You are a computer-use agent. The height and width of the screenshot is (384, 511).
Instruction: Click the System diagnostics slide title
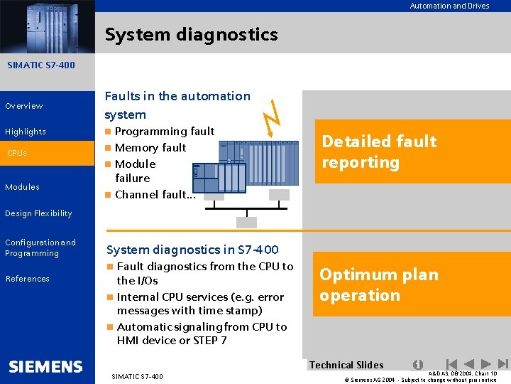click(x=191, y=34)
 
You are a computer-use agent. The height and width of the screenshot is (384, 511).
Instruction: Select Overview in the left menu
click(x=24, y=106)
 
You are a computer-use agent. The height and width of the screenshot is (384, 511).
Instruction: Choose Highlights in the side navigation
click(x=26, y=132)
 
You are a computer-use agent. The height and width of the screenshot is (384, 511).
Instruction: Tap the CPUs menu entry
click(x=17, y=153)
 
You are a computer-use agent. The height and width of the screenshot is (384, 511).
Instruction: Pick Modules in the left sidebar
click(x=22, y=187)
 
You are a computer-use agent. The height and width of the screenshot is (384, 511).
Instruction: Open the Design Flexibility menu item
click(x=38, y=213)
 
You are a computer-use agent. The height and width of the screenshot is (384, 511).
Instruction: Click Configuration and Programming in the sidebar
click(x=40, y=247)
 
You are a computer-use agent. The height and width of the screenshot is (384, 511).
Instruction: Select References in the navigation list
click(x=28, y=279)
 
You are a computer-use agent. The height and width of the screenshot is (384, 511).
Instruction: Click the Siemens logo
click(x=46, y=367)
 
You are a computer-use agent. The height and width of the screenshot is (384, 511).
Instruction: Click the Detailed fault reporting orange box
click(x=412, y=152)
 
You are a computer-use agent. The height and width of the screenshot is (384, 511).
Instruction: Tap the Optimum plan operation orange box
click(x=412, y=285)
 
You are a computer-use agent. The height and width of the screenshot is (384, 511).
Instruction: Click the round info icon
click(x=418, y=364)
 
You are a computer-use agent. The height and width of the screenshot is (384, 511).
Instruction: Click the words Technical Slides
click(x=346, y=365)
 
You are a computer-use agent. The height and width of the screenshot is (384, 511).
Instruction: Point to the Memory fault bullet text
click(x=150, y=148)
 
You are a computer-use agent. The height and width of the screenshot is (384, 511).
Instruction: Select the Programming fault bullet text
click(x=164, y=132)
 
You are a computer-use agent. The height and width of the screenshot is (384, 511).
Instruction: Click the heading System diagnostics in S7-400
click(x=192, y=250)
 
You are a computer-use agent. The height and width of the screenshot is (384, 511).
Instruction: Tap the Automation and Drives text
click(x=449, y=6)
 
